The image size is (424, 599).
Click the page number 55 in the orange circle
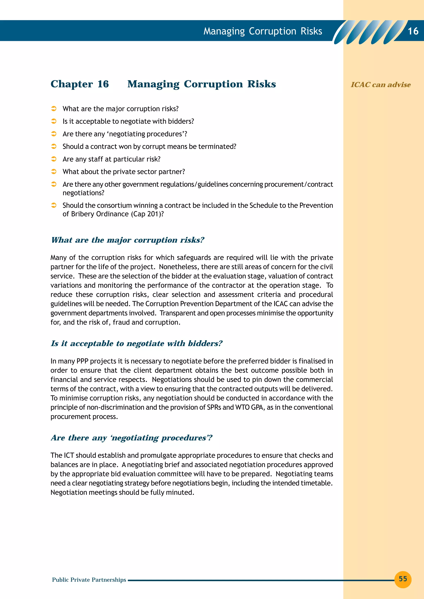coord(403,579)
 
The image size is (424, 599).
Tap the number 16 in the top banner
coord(413,31)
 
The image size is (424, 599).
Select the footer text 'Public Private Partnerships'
coord(89,580)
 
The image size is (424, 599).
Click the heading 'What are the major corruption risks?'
coord(128,240)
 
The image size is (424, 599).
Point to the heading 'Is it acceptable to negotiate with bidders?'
coord(136,343)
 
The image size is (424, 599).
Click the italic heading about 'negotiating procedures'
coord(131,438)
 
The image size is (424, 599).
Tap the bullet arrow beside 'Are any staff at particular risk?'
coord(54,159)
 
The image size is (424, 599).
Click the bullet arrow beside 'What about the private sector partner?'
coord(54,171)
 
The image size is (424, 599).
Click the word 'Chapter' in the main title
coord(72,84)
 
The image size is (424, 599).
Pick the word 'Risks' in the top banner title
coord(311,31)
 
